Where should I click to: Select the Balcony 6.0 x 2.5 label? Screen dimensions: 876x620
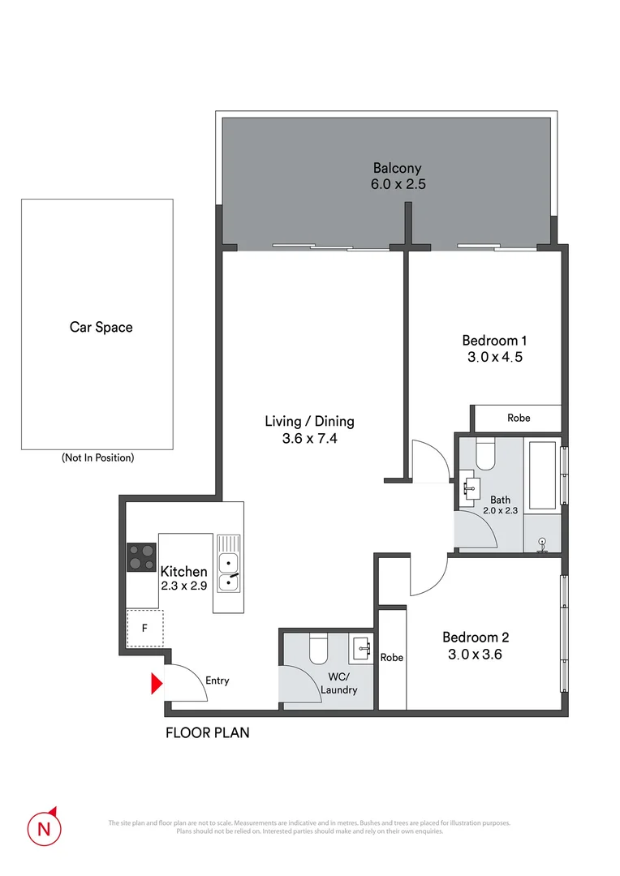coord(398,176)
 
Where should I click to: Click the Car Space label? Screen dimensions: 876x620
coord(101,328)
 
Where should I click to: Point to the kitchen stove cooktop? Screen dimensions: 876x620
coord(141,557)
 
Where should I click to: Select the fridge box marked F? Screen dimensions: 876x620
coord(144,628)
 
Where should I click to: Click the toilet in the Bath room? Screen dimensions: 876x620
coord(486,456)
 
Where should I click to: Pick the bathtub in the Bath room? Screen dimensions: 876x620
coord(542,474)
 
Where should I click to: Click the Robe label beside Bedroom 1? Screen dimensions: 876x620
coord(519,418)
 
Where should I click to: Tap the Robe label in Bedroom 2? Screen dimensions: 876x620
coord(392,658)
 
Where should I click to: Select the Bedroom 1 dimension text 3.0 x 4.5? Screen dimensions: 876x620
coord(489,356)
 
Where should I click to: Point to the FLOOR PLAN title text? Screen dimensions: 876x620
coord(207,732)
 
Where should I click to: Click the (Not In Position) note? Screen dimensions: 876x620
coord(97,457)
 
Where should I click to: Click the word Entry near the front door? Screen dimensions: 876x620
coord(217,681)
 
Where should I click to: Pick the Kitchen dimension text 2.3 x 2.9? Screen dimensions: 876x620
coord(183,586)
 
